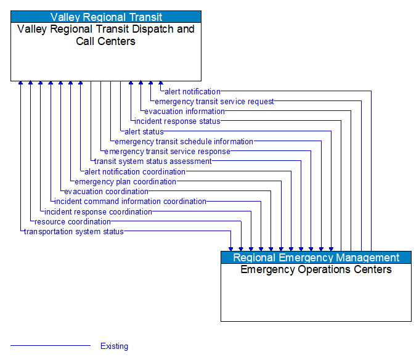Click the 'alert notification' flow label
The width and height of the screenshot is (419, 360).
(x=192, y=92)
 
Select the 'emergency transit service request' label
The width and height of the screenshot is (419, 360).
(x=214, y=102)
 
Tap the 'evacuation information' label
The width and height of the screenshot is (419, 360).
(x=184, y=112)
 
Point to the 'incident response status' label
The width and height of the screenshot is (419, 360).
(x=177, y=121)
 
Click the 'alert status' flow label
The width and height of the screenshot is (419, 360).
(x=144, y=131)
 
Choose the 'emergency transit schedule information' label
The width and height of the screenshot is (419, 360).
(x=184, y=142)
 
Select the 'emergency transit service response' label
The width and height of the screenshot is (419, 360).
(x=168, y=152)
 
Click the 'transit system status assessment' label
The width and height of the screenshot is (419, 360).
(x=153, y=162)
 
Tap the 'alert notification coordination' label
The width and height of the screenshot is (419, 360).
(x=135, y=171)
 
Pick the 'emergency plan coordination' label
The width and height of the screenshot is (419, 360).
(x=125, y=182)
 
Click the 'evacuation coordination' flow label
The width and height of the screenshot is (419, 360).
(x=106, y=192)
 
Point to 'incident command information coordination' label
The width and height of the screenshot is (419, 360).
(x=130, y=202)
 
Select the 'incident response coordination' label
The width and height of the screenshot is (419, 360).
(x=98, y=212)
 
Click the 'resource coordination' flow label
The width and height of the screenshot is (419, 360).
(x=73, y=222)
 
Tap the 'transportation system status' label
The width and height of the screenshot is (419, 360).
(x=73, y=232)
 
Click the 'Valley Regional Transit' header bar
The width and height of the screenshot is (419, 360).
(x=106, y=17)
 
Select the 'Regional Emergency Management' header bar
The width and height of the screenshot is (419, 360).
(x=316, y=258)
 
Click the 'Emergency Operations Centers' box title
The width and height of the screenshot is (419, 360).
(x=316, y=269)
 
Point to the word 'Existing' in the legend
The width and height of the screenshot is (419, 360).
(x=115, y=346)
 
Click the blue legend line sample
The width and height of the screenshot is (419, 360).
(x=51, y=346)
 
